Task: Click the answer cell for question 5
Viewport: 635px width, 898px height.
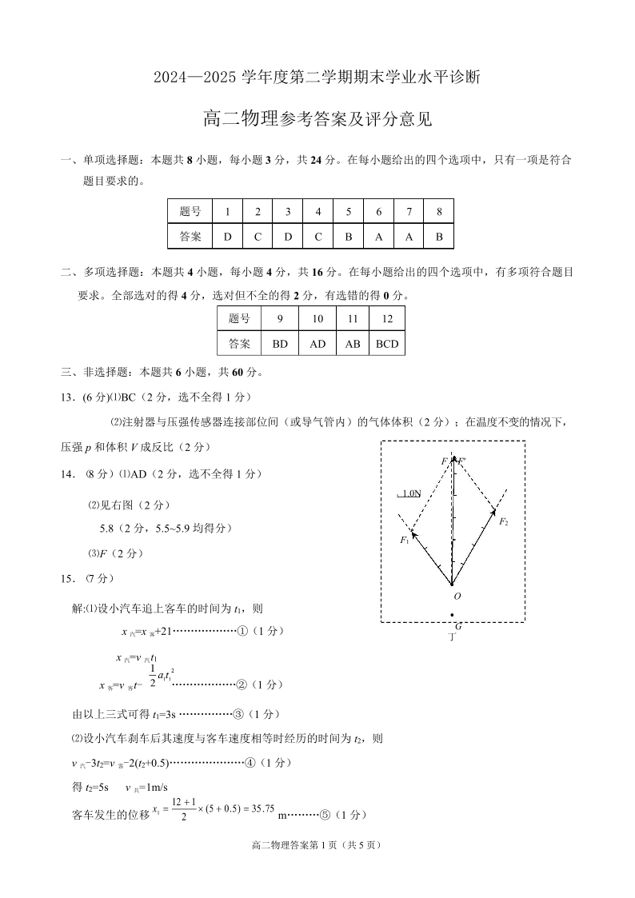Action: [349, 237]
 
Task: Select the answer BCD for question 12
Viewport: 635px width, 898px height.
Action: [387, 344]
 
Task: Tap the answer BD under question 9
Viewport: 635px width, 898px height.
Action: [280, 344]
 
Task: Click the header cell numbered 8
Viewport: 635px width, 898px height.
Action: [439, 212]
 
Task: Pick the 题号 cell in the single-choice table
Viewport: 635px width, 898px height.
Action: [190, 212]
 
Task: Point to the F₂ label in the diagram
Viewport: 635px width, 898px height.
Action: [503, 521]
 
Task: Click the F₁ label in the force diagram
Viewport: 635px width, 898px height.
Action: [405, 540]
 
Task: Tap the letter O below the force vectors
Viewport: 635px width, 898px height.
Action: [457, 597]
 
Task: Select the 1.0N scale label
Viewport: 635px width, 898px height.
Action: [410, 493]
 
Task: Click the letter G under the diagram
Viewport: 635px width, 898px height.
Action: [458, 626]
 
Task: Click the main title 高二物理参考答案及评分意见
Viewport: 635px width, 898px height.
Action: [317, 120]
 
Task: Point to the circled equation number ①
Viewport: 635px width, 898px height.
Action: [242, 631]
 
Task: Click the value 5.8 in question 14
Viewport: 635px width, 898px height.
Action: [109, 529]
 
